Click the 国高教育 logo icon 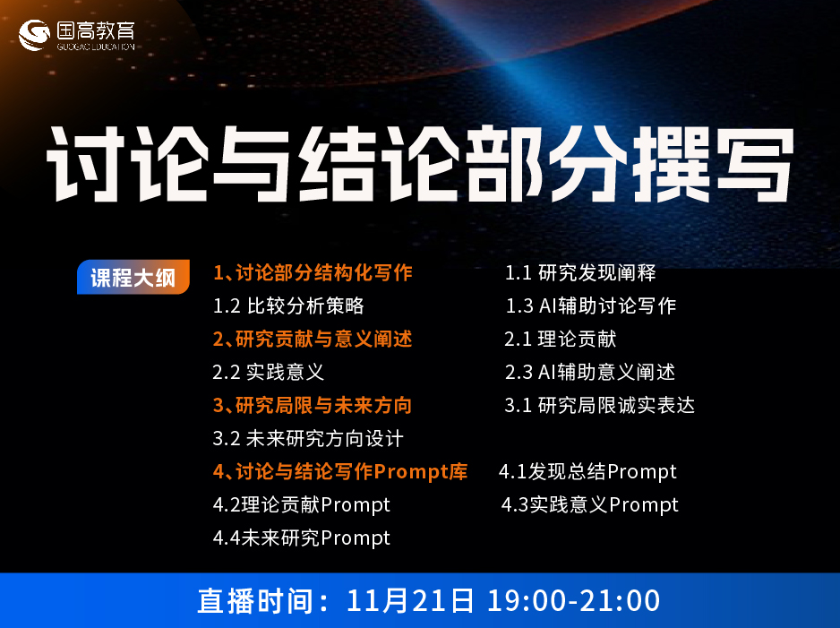(34, 35)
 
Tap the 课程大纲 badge (133, 277)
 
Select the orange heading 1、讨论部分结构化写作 (313, 272)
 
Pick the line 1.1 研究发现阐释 (580, 272)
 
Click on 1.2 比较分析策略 (288, 306)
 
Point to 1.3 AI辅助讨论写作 (591, 306)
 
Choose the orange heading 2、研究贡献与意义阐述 (313, 340)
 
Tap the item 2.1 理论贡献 (561, 340)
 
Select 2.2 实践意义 (269, 373)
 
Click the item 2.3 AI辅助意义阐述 (590, 373)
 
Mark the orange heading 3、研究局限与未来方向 (313, 406)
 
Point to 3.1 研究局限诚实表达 (600, 406)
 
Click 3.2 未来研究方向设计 (308, 439)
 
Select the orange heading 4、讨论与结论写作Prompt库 (340, 472)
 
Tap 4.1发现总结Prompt (587, 472)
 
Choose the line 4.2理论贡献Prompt (302, 505)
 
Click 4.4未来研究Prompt (302, 538)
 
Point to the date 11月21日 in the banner (410, 600)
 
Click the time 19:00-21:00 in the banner (574, 600)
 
